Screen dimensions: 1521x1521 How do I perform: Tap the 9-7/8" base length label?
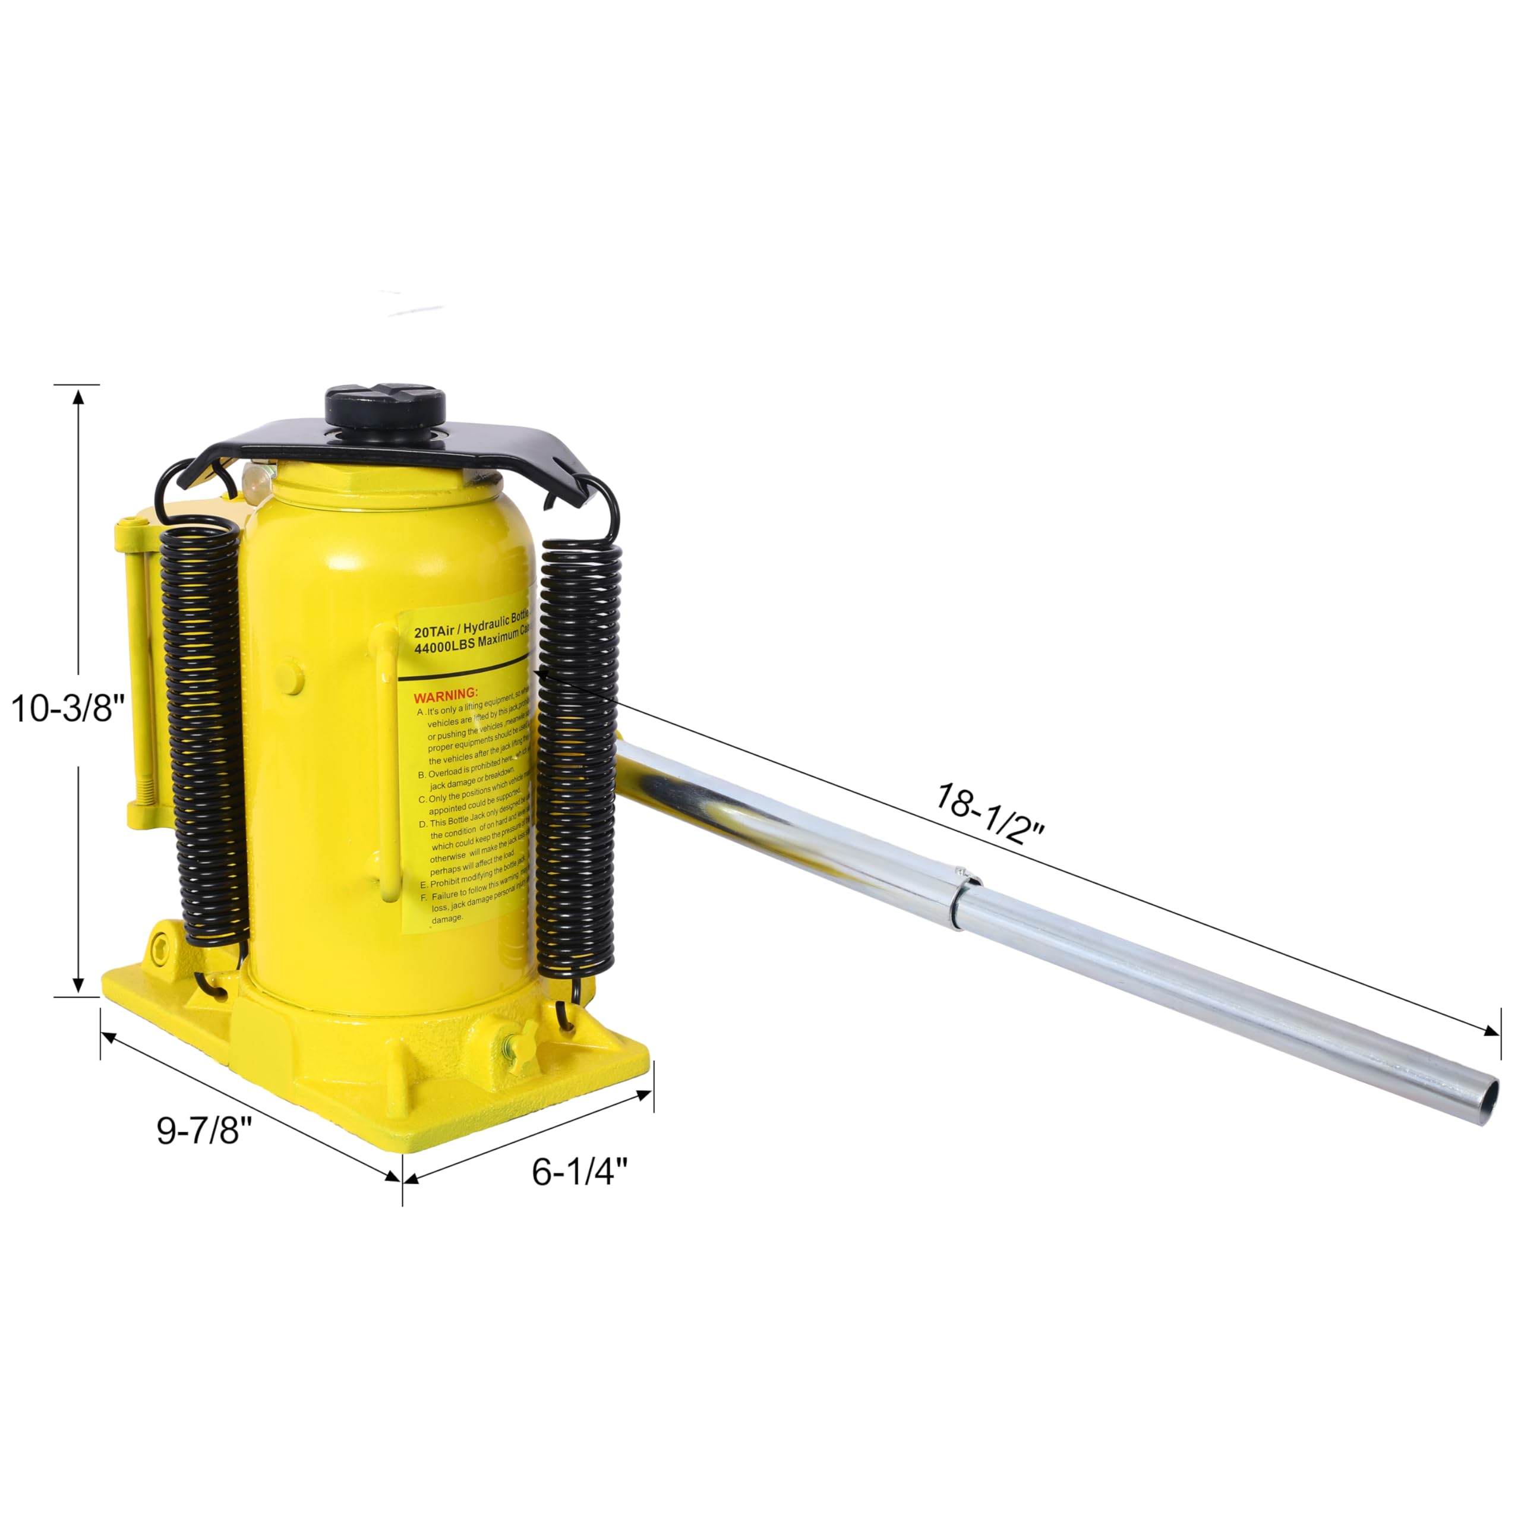pos(204,1131)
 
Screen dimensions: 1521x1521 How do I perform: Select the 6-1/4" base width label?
pos(579,1172)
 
